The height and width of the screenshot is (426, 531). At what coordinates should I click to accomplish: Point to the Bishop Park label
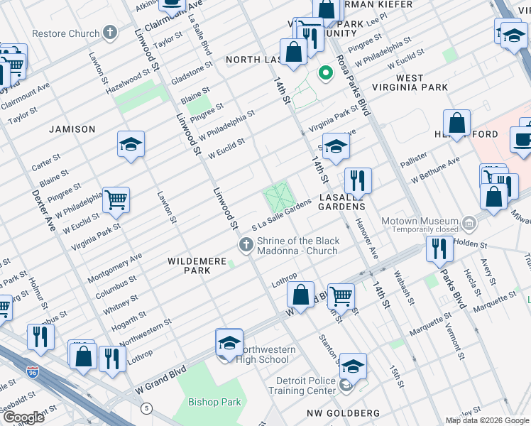(x=214, y=402)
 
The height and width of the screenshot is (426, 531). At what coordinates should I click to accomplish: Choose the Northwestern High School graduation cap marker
(x=229, y=342)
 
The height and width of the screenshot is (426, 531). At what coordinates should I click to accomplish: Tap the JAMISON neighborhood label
(x=72, y=129)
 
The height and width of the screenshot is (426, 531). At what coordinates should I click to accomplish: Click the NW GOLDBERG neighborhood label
(x=344, y=413)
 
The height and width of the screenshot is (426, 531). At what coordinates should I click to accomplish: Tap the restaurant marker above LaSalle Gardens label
(x=357, y=181)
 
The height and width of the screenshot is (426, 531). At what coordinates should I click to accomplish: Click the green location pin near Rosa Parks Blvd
(x=326, y=73)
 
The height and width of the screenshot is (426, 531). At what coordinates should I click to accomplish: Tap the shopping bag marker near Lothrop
(x=301, y=294)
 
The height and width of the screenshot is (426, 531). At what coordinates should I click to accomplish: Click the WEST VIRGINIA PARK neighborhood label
(x=412, y=82)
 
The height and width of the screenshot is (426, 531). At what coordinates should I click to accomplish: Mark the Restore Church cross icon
(x=109, y=33)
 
